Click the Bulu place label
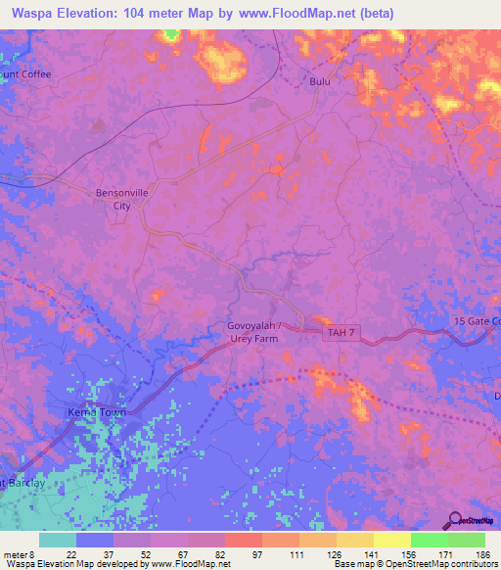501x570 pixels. [x=320, y=81]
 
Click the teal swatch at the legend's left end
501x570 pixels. [x=58, y=540]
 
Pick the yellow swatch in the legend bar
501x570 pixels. [x=391, y=540]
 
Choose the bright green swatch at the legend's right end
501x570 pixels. [x=466, y=540]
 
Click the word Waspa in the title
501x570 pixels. [x=28, y=13]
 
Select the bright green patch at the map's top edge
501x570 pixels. [x=172, y=34]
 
